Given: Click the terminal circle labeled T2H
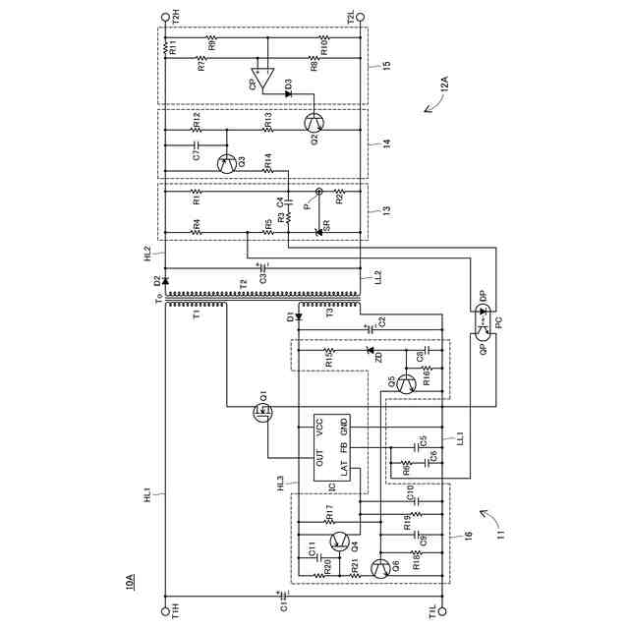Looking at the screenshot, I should click(x=164, y=17).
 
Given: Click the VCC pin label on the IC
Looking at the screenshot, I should click(x=319, y=428).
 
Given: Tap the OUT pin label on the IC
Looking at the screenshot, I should click(x=319, y=457).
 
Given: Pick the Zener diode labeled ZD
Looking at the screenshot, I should click(x=371, y=351).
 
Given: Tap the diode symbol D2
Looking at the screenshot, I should click(x=165, y=282).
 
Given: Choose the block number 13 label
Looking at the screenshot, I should click(x=385, y=210).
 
